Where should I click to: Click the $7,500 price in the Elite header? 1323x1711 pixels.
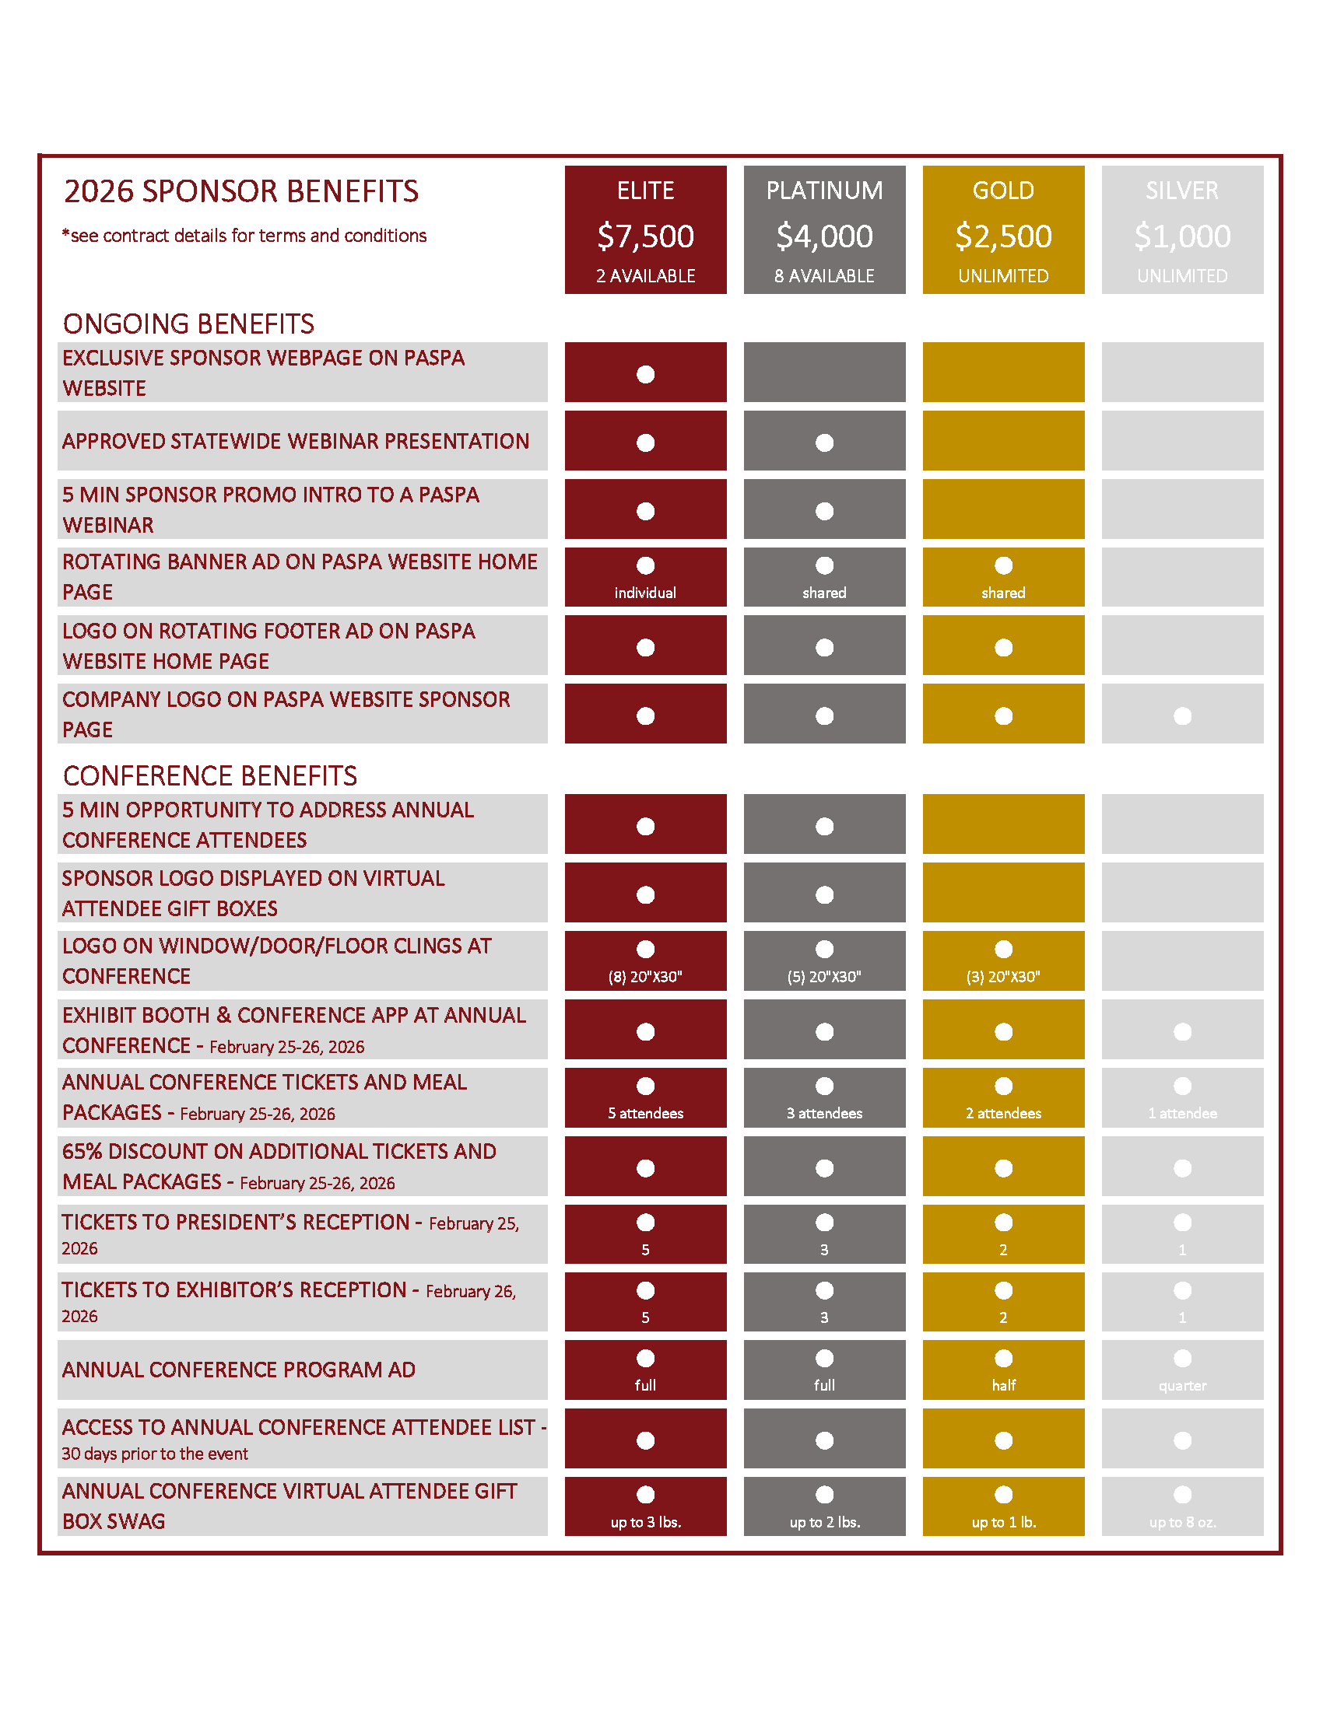(645, 236)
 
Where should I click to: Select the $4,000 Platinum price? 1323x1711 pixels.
(823, 236)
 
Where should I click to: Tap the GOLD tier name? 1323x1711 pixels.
(1002, 191)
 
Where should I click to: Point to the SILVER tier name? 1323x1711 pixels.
(1181, 191)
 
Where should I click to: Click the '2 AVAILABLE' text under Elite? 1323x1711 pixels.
(645, 276)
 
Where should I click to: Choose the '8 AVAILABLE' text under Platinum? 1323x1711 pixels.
(823, 276)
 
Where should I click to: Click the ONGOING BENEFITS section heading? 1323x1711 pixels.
(188, 324)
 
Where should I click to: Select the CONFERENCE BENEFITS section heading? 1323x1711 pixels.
(209, 775)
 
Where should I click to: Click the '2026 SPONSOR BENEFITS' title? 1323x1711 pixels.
(240, 192)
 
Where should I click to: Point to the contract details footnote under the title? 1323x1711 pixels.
(244, 236)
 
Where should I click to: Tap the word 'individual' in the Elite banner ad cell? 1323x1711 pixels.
(645, 593)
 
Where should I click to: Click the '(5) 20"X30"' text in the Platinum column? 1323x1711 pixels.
(823, 976)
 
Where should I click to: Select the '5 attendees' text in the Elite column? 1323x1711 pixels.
(645, 1113)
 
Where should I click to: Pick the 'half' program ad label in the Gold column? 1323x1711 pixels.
(1003, 1385)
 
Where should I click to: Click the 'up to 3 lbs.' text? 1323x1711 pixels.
(645, 1522)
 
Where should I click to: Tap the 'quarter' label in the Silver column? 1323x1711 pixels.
(1182, 1385)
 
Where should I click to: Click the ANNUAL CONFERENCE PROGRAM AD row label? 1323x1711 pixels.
(238, 1370)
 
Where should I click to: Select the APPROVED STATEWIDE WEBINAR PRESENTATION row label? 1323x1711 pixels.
(296, 441)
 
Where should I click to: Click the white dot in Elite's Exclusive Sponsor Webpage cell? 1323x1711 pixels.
(645, 375)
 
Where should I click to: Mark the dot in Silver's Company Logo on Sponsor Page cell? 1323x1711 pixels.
(1182, 716)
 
